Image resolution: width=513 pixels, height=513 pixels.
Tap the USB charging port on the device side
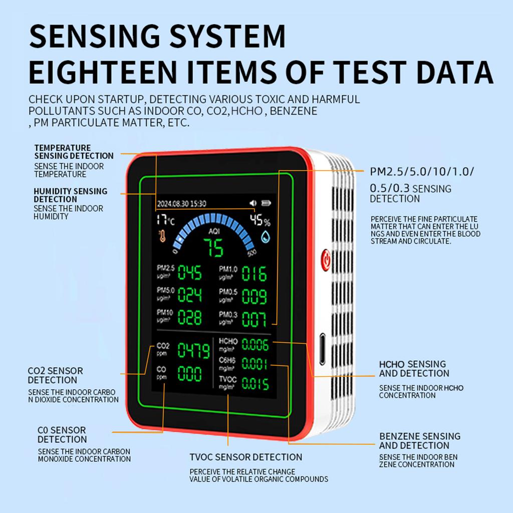(x=322, y=349)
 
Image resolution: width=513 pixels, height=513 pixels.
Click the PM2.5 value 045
(x=190, y=274)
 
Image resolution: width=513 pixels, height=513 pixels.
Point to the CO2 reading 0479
(x=193, y=351)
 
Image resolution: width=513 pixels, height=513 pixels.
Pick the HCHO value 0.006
(x=255, y=345)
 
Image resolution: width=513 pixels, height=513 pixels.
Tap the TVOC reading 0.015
(x=255, y=384)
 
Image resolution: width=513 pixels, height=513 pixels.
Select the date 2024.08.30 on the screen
(x=173, y=204)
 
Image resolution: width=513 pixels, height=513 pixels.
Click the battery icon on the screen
(x=265, y=203)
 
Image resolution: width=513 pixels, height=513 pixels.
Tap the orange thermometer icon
(x=162, y=236)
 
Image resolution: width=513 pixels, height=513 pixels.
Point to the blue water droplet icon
(x=265, y=236)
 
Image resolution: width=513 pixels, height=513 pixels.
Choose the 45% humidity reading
(x=260, y=221)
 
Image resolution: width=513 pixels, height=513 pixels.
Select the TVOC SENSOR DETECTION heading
(x=245, y=457)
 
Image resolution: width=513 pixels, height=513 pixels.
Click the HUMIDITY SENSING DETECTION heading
(x=70, y=195)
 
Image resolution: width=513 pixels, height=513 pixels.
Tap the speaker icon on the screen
(x=253, y=203)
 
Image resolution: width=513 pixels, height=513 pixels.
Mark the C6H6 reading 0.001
(x=255, y=364)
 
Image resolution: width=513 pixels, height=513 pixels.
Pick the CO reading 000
(x=190, y=374)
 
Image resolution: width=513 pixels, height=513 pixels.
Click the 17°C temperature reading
(x=165, y=220)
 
